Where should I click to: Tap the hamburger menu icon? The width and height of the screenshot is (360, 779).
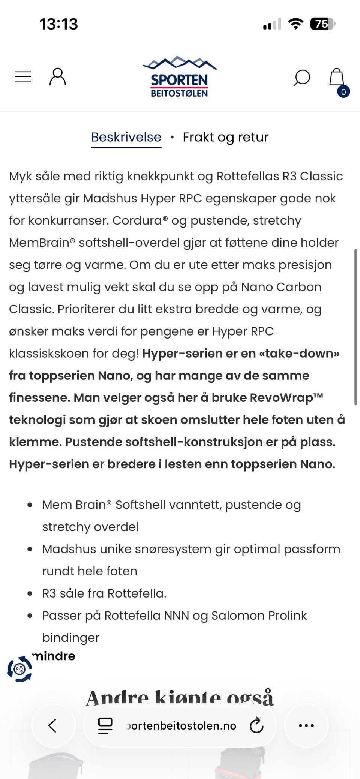23,76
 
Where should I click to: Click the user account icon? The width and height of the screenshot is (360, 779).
58,77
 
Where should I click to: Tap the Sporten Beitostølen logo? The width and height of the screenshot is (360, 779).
180,77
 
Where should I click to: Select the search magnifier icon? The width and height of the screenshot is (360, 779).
301,78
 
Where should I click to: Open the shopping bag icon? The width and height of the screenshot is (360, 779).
337,78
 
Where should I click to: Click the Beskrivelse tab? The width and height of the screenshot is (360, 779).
126,137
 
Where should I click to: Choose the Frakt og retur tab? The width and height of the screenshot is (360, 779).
225,137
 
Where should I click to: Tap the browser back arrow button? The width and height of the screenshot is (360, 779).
53,725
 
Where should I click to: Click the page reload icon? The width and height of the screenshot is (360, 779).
256,725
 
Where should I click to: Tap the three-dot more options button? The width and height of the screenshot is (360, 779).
306,725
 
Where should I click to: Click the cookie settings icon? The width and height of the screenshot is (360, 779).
19,669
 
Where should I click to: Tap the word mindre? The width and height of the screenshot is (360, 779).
54,656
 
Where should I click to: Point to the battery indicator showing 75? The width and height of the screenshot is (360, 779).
322,24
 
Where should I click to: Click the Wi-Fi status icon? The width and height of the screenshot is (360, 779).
295,24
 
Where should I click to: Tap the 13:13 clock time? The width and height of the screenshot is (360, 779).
59,24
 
